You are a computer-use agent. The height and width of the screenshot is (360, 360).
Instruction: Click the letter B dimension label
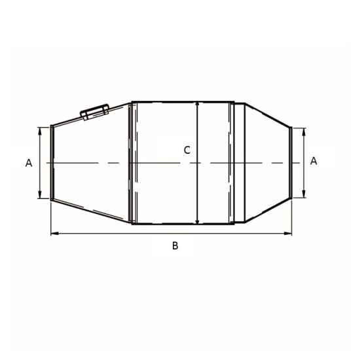coord(175,246)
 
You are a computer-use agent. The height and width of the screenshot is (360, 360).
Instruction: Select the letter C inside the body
coord(187,151)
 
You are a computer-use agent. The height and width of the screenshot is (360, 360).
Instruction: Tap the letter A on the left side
coord(29,163)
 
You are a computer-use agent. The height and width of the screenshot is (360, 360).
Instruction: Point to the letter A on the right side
coord(314,161)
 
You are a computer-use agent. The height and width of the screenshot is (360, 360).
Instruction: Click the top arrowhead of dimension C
coord(197,105)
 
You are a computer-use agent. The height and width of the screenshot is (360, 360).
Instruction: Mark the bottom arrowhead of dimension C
coord(197,221)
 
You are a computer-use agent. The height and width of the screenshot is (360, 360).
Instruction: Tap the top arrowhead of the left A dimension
coord(41,130)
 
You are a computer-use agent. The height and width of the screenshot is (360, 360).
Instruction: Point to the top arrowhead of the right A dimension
coord(304,131)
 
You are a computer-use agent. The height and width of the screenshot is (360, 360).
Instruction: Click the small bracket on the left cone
coord(94,111)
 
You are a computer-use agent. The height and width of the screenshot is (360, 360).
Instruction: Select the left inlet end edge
coord(52,162)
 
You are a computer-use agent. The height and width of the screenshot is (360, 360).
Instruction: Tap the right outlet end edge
coord(291,162)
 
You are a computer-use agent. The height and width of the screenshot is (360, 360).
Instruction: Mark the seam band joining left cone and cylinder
coord(132,162)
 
